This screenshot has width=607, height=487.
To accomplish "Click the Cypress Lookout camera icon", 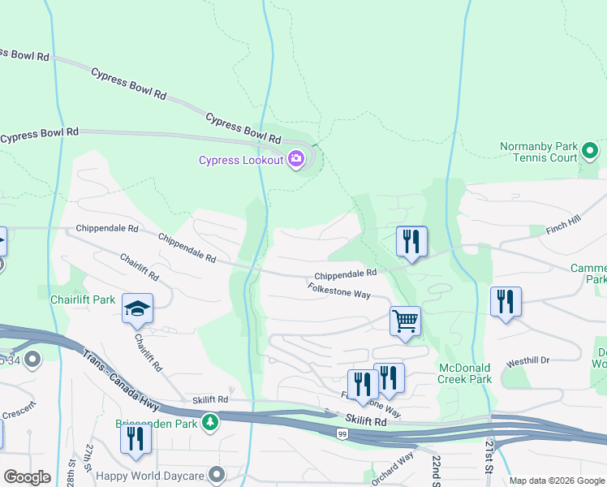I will click(296, 159).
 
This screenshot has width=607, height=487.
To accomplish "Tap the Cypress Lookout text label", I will click(241, 160).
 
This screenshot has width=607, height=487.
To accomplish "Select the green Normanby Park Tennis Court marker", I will click(590, 151).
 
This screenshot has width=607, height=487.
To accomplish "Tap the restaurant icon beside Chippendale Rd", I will click(411, 241).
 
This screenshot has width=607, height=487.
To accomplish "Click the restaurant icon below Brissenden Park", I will click(135, 438).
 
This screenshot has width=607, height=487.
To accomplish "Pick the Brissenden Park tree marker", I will click(210, 422).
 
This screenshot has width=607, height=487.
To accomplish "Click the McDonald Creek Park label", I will click(465, 373).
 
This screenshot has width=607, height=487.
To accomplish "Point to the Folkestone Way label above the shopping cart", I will click(338, 290).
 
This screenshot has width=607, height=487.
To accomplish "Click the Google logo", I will click(27, 477).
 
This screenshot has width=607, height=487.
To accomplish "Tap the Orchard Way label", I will click(394, 469).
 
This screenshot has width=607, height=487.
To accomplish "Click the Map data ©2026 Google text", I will click(557, 481).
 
